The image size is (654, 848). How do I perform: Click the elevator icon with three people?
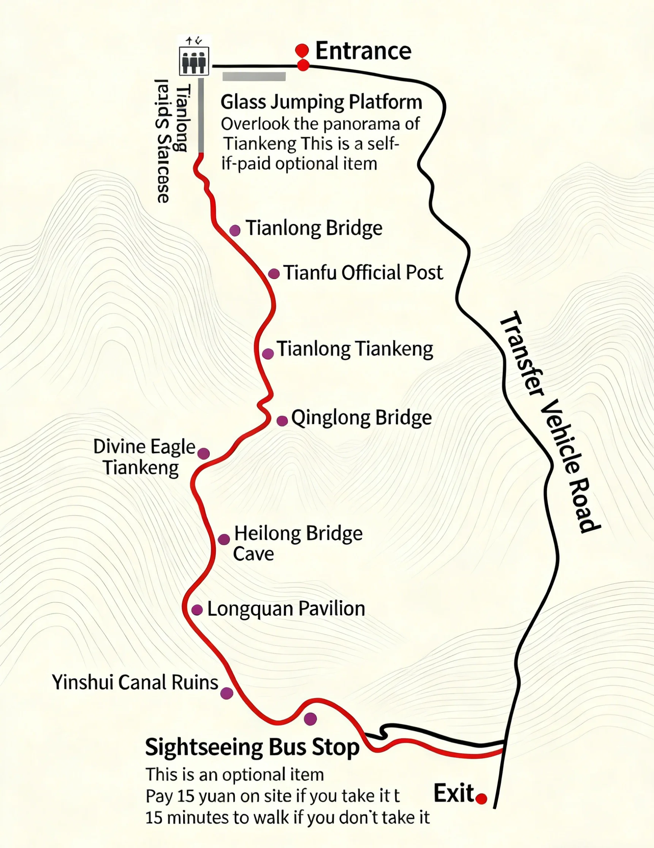(x=194, y=61)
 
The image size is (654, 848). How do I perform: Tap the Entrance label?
(x=363, y=51)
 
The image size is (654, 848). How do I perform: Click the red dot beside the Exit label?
(x=481, y=799)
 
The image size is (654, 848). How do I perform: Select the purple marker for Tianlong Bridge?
(x=235, y=230)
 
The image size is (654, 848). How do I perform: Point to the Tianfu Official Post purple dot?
(x=274, y=274)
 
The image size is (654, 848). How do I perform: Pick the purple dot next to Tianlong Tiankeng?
(x=268, y=354)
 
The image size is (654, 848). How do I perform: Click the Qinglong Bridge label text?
(x=361, y=418)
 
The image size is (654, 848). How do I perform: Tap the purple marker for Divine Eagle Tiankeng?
(x=204, y=453)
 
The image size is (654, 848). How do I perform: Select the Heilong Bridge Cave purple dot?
(x=223, y=539)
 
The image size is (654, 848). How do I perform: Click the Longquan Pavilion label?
(x=286, y=609)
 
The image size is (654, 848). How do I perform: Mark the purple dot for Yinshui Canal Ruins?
(x=226, y=693)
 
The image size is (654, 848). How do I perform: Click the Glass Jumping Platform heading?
(x=321, y=102)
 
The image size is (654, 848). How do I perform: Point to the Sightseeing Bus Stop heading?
(x=252, y=747)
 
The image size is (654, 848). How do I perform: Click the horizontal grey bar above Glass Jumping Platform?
(x=254, y=76)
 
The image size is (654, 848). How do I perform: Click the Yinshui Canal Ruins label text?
(x=135, y=682)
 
